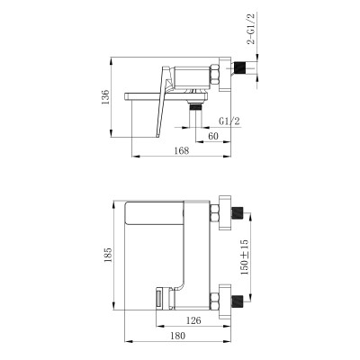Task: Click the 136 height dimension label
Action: tap(105, 96)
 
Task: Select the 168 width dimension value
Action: tap(182, 150)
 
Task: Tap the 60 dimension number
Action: tap(212, 136)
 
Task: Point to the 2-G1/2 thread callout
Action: tap(251, 29)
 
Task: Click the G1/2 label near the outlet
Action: tap(229, 121)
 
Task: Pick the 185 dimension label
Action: tap(108, 255)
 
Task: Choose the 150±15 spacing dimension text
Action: tap(245, 257)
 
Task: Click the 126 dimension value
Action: tap(193, 320)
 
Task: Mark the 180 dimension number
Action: tap(178, 336)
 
